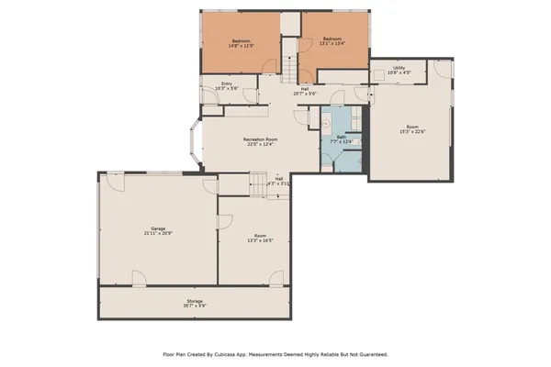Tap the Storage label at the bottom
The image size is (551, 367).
(x=195, y=300)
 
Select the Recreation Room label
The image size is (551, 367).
(x=260, y=139)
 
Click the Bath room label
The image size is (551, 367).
(x=340, y=136)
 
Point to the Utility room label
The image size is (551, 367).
(x=399, y=67)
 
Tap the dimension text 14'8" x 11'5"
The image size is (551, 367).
(x=242, y=47)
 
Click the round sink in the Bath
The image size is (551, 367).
(x=326, y=122)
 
